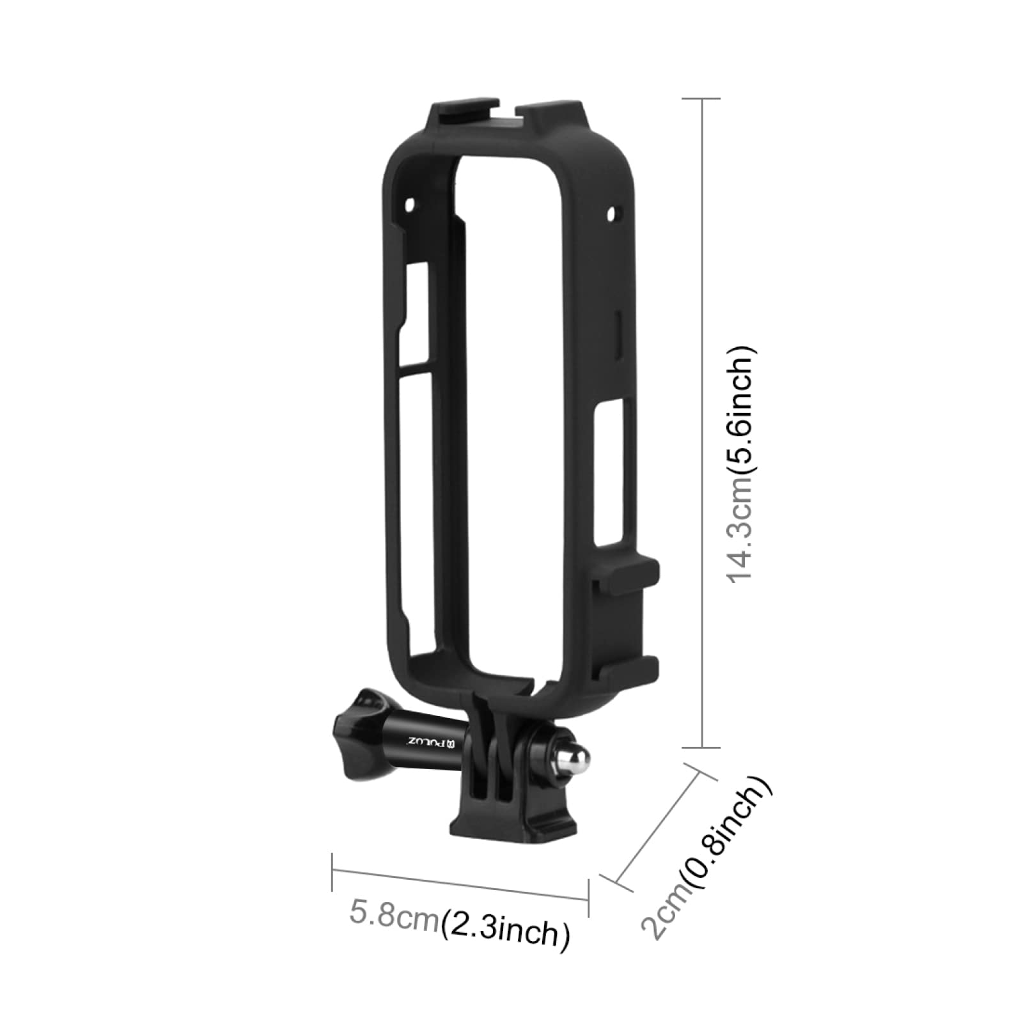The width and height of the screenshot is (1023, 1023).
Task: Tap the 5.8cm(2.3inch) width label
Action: coord(459,923)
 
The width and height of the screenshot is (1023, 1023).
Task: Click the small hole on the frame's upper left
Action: coord(410,205)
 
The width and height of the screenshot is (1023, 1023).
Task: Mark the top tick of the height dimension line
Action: coord(702,99)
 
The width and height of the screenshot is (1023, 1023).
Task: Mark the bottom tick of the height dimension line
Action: coord(702,747)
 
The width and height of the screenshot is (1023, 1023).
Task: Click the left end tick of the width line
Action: coord(332,871)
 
